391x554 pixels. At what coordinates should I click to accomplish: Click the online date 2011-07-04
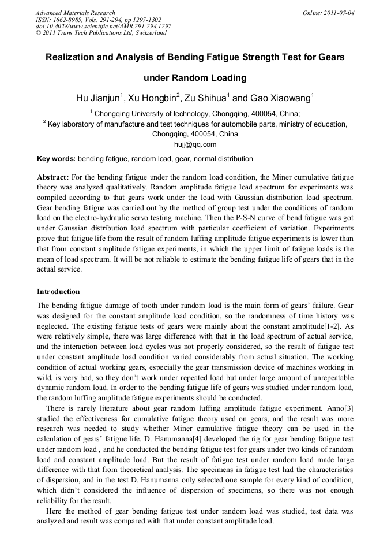pos(337,13)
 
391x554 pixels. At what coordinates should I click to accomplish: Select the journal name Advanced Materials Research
pos(75,13)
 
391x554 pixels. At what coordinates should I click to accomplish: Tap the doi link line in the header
pos(103,26)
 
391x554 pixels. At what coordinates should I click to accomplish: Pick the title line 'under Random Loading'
pos(195,78)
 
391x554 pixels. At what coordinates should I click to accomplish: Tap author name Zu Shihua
pos(211,98)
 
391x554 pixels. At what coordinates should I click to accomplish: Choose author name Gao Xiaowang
pos(281,98)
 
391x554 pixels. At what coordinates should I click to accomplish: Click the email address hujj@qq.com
pos(195,144)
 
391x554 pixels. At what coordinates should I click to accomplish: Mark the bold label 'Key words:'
pos(56,158)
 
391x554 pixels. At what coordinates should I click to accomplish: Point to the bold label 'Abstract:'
pos(54,176)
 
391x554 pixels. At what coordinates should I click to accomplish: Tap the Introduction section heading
pos(58,291)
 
